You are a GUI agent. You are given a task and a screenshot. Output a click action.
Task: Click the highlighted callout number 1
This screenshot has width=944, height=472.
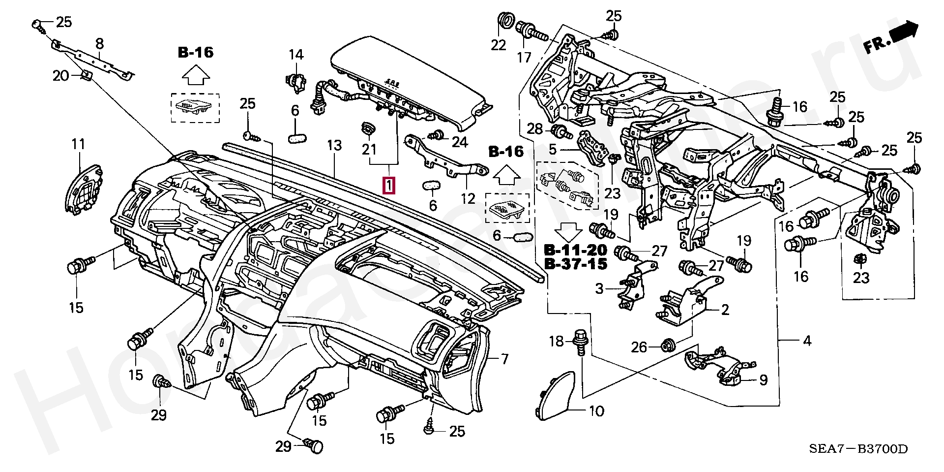coord(389,186)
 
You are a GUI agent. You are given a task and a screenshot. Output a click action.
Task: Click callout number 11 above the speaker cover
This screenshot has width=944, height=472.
coord(79,144)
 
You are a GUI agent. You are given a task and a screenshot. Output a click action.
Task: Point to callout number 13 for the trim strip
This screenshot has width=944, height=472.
coord(334,146)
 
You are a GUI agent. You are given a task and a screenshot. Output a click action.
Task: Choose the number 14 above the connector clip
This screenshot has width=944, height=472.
coord(296,55)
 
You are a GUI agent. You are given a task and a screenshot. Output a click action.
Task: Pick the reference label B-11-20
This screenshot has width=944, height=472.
coord(575,250)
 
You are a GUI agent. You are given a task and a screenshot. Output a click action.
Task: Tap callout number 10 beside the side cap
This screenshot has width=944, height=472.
coord(596,410)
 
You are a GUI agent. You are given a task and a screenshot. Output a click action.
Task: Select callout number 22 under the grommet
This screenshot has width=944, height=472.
coord(499,45)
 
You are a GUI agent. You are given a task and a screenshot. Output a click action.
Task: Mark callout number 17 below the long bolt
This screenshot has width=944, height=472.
coord(524,57)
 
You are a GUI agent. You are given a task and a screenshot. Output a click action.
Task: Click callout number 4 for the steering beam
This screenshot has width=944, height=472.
coord(807,341)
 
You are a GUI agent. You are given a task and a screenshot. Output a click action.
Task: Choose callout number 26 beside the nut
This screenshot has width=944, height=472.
coord(639,347)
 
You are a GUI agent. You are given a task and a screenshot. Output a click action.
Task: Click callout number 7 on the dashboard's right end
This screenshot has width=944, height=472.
coord(504,359)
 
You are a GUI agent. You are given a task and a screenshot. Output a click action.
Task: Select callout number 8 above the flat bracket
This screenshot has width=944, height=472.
coord(99,44)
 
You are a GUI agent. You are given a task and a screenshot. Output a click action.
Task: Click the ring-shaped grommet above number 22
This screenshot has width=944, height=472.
coord(506,21)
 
